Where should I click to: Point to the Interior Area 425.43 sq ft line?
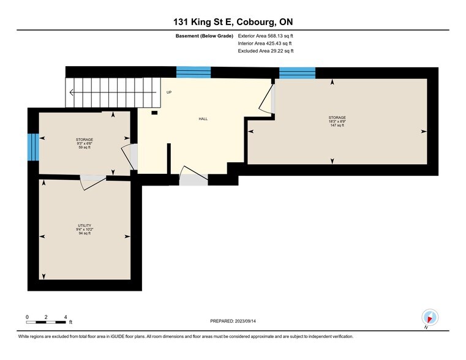click(x=265, y=43)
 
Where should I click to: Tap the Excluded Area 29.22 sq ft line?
click(x=265, y=51)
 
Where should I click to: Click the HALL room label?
click(x=202, y=119)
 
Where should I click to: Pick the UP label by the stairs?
click(x=169, y=92)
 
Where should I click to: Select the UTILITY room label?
click(x=85, y=225)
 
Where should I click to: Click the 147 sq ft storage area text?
click(x=337, y=125)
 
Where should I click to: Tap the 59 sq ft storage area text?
click(x=85, y=148)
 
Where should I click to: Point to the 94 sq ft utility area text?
click(x=85, y=233)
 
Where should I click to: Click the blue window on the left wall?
click(x=33, y=147)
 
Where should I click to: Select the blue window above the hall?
click(x=193, y=72)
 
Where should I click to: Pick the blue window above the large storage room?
click(x=297, y=72)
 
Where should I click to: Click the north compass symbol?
click(x=430, y=317)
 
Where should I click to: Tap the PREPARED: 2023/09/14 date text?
click(x=233, y=320)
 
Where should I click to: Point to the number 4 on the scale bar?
click(x=65, y=317)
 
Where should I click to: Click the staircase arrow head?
click(x=72, y=93)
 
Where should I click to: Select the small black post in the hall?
click(x=154, y=113)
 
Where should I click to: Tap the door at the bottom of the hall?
click(x=192, y=178)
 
